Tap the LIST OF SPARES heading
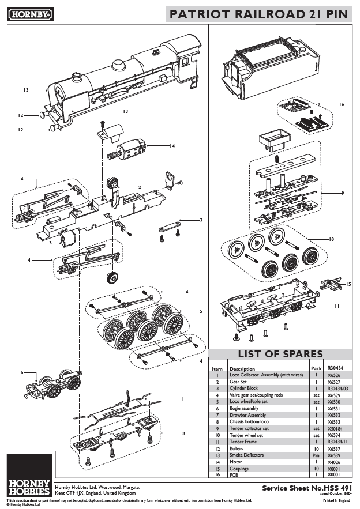coord(280,354)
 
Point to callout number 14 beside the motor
coord(172,146)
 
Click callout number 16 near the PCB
coord(342,104)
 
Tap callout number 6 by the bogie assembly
coord(22,372)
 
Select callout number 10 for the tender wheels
coord(331,239)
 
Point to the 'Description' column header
coord(242,369)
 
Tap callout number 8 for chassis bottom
coord(183,433)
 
